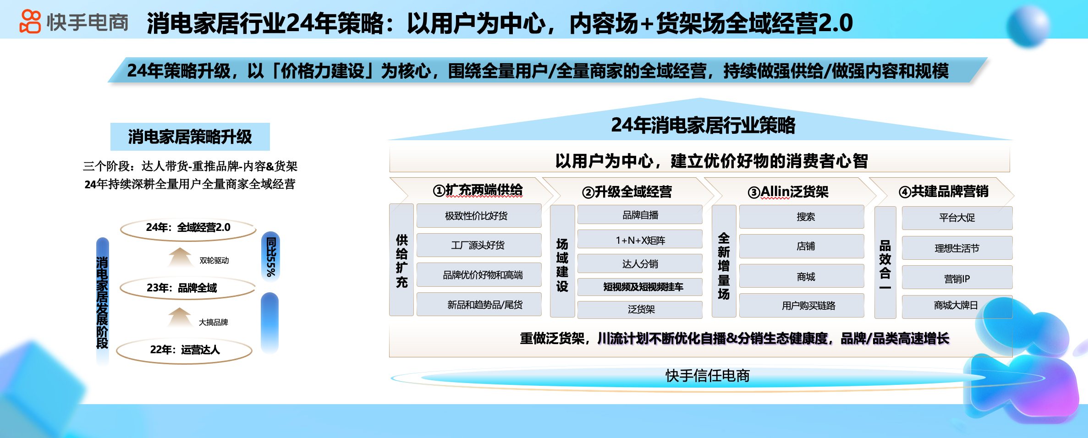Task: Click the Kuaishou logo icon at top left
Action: point(30,22)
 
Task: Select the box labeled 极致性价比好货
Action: point(478,216)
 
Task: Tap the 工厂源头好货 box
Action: point(478,245)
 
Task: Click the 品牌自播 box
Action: point(640,215)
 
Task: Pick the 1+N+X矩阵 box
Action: point(640,240)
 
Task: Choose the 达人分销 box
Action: point(640,264)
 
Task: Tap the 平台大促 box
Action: point(957,218)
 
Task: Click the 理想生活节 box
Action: point(957,248)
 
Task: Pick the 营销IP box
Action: point(957,278)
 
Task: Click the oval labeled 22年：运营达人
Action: point(184,350)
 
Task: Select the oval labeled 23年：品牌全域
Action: point(187,288)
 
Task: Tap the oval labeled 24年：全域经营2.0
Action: point(188,228)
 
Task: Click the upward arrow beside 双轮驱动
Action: point(180,257)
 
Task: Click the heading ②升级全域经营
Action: point(626,192)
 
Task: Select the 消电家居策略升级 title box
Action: point(190,137)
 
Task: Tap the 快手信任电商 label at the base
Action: point(707,376)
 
